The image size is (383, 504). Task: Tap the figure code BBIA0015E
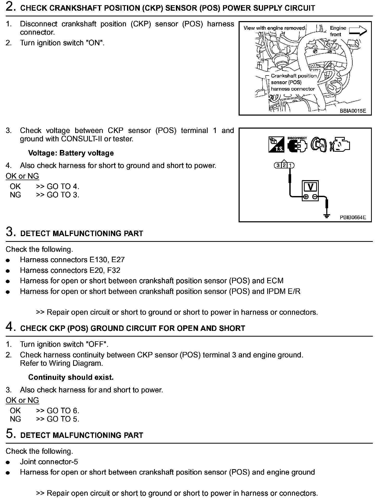(353, 111)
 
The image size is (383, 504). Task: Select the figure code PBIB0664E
(353, 217)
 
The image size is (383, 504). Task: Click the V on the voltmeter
(310, 187)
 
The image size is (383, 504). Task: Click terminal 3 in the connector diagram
(278, 165)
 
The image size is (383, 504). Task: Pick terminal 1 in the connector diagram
(291, 165)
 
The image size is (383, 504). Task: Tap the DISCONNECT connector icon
(297, 145)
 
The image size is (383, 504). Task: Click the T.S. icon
(276, 145)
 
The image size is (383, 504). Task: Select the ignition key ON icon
(319, 145)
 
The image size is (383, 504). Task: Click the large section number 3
(9, 232)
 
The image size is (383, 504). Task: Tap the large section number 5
(9, 434)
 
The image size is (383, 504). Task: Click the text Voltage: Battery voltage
(71, 153)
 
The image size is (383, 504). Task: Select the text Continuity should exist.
(71, 377)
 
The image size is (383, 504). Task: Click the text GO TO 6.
(63, 411)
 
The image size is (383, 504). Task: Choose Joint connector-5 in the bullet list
(49, 462)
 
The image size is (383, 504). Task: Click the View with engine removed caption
(274, 28)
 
